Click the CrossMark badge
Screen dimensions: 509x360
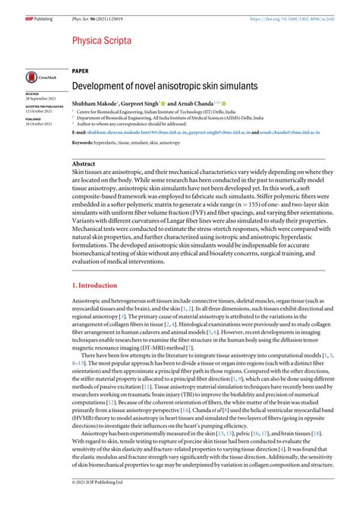click(x=37, y=77)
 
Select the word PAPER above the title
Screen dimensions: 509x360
click(x=80, y=71)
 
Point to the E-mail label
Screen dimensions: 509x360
click(x=78, y=131)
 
